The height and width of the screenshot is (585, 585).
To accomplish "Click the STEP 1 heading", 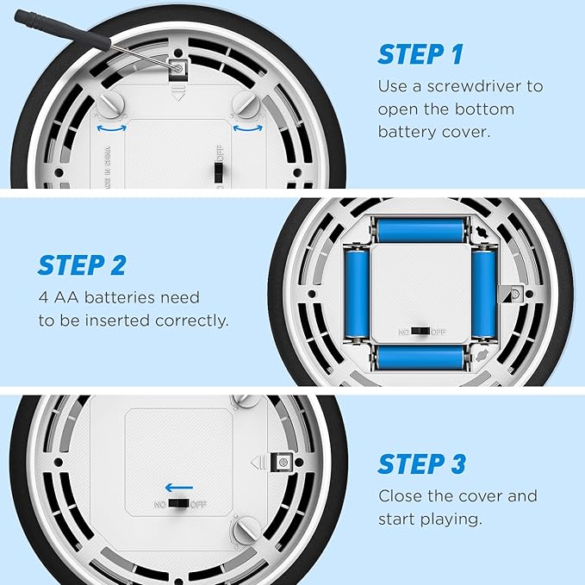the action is tap(420, 54).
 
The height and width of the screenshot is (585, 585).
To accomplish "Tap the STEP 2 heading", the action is tap(82, 265).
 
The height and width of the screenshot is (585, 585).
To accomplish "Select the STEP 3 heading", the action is tap(421, 464).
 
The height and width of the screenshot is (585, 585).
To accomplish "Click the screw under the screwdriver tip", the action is tap(178, 68).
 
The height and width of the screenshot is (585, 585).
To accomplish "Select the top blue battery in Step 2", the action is tap(420, 231).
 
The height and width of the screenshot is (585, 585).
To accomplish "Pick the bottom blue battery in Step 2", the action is tap(420, 358).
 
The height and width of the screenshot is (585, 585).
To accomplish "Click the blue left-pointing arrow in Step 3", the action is tap(179, 488).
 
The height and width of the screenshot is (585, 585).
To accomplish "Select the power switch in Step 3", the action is tap(178, 504).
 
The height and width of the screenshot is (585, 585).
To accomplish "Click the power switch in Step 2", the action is tap(420, 332).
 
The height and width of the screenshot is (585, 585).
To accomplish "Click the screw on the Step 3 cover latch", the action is tap(283, 463).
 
